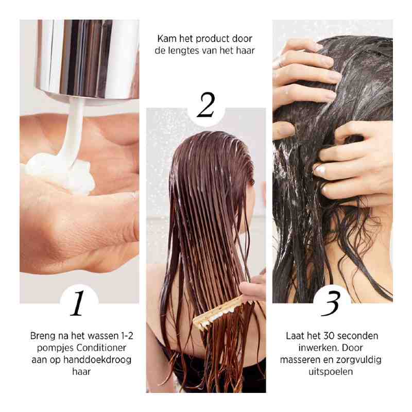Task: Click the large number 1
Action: pyautogui.click(x=78, y=303)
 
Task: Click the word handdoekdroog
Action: pyautogui.click(x=103, y=359)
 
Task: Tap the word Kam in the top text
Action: pyautogui.click(x=166, y=39)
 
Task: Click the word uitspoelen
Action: pyautogui.click(x=332, y=371)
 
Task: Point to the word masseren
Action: pyautogui.click(x=300, y=359)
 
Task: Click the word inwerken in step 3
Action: pyautogui.click(x=311, y=348)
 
